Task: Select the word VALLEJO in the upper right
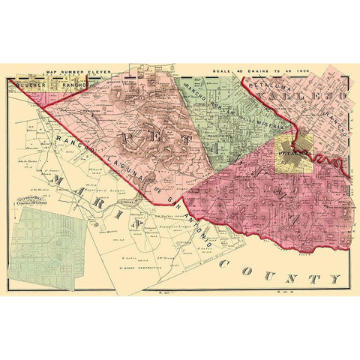coord(307,96)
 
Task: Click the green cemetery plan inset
coord(49,247)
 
